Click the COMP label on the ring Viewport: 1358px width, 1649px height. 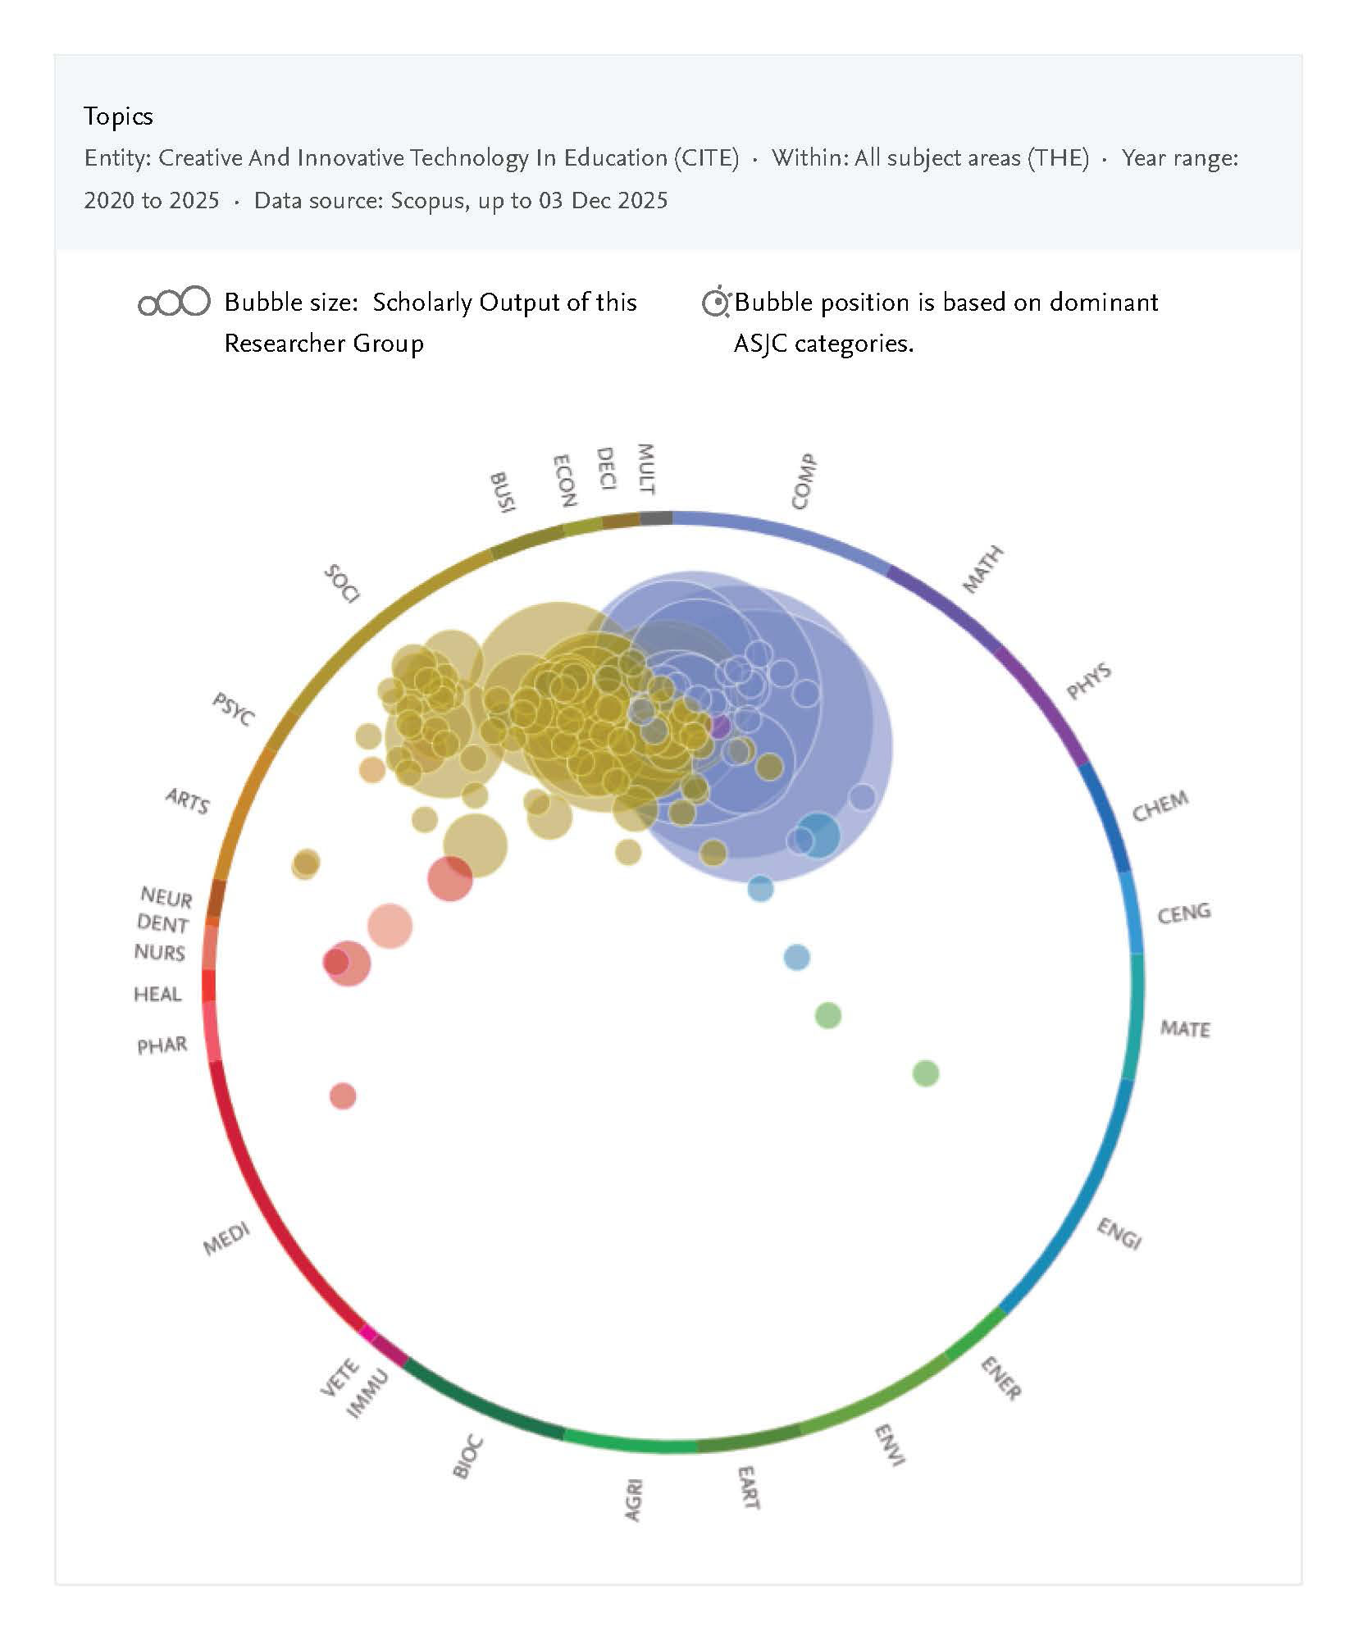[x=804, y=482]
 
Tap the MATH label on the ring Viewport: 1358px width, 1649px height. [x=982, y=569]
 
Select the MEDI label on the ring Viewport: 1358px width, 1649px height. [x=226, y=1239]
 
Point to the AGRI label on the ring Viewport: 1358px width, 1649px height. [x=633, y=1500]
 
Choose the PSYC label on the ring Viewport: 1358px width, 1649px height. [x=234, y=708]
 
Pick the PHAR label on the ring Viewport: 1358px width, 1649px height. [x=162, y=1045]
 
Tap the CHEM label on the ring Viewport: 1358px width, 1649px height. [x=1160, y=806]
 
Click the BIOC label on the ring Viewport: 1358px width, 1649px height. [x=467, y=1457]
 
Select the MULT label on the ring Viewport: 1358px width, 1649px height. [x=646, y=469]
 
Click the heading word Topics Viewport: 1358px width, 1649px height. [x=118, y=116]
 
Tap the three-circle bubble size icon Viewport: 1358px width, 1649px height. [x=174, y=303]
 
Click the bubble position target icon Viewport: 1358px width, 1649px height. [x=716, y=303]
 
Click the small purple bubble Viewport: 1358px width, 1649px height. [x=719, y=727]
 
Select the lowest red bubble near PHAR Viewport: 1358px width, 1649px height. [x=343, y=1096]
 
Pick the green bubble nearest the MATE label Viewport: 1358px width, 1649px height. [x=925, y=1073]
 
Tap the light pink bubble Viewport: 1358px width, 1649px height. [x=390, y=926]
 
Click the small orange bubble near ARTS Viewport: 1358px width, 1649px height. [x=372, y=769]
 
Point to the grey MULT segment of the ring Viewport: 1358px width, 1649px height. [x=656, y=517]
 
